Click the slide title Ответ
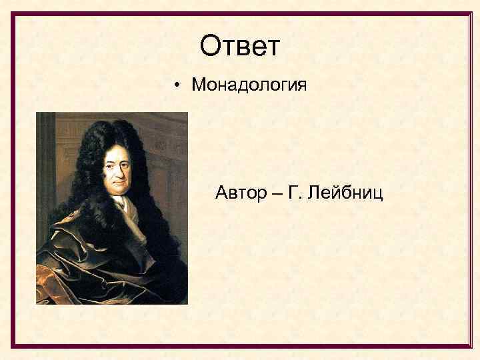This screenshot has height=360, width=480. point(240,46)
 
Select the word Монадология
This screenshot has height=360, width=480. point(249,85)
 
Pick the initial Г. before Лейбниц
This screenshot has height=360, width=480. point(294,193)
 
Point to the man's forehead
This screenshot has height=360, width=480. point(117,152)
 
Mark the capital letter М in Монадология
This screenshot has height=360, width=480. point(198,85)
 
